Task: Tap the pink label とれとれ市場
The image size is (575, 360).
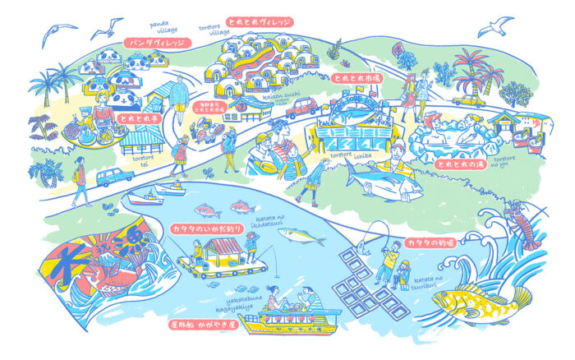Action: click(x=355, y=77)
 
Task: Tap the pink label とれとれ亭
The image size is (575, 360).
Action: click(x=140, y=118)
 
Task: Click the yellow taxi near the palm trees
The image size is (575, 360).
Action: click(x=469, y=99)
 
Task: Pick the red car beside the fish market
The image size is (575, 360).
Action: click(x=301, y=107)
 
